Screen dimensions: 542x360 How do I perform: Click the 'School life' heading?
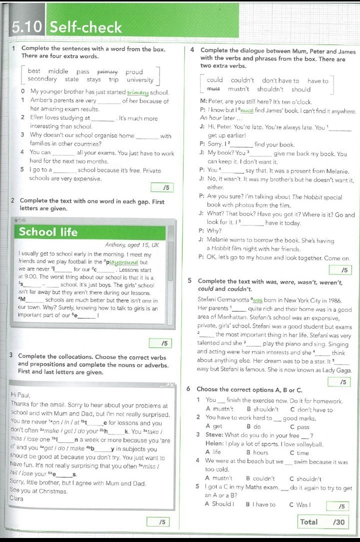(48, 232)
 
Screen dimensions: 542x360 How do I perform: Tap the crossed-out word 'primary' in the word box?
(107, 71)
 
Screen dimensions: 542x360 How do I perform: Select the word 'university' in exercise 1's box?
(140, 79)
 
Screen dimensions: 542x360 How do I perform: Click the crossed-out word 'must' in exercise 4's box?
(213, 89)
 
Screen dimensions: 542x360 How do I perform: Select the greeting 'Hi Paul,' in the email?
(20, 395)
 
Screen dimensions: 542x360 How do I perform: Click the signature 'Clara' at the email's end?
(16, 498)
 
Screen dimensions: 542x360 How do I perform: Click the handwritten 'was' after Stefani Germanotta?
(257, 300)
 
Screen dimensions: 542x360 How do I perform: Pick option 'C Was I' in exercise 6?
(300, 504)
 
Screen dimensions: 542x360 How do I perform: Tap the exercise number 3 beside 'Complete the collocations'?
(11, 355)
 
